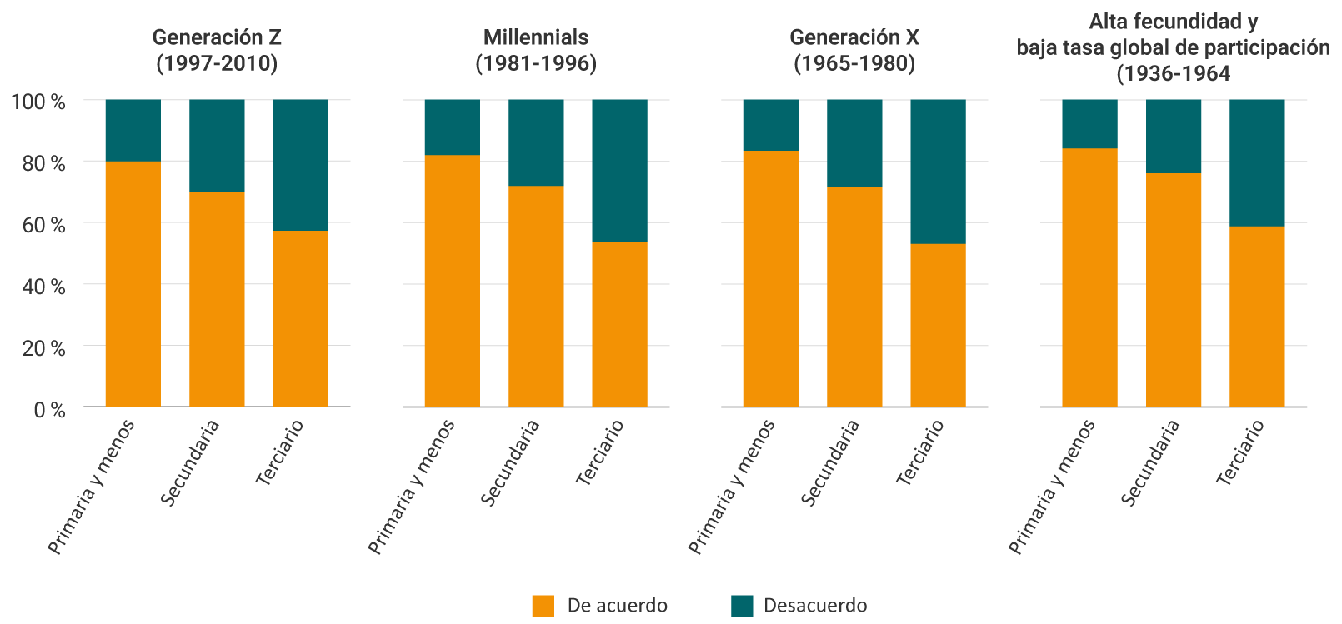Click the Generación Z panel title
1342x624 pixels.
pos(217,50)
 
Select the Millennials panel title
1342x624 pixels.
pos(536,50)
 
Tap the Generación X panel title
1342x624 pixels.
pos(854,50)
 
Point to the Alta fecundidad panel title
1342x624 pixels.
pos(1173,47)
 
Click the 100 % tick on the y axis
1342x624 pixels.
pos(38,102)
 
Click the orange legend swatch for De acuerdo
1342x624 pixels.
pos(543,606)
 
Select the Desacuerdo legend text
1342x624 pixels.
pos(814,606)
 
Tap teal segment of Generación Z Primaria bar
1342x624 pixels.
pos(133,130)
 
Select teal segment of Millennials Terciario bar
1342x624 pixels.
pos(619,170)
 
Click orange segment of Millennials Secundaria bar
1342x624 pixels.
pos(536,296)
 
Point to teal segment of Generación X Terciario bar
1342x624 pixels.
pos(938,172)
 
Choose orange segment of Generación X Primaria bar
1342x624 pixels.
pos(771,278)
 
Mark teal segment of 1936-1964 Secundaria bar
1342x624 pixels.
pos(1173,136)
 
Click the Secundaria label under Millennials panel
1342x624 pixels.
pos(510,463)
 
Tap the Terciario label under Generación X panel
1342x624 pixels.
pos(920,453)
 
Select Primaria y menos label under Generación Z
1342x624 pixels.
pos(91,487)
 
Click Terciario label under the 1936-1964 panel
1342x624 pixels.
pos(1240,453)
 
